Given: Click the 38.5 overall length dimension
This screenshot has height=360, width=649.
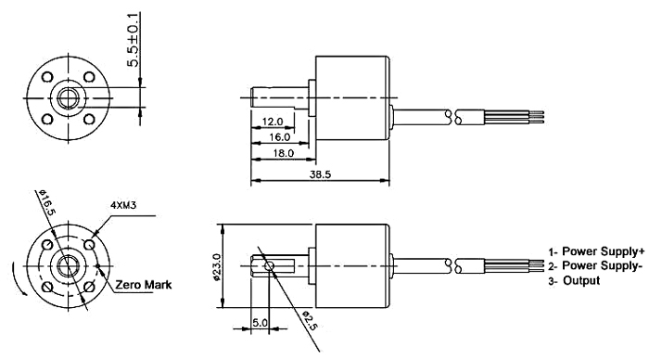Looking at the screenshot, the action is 321,174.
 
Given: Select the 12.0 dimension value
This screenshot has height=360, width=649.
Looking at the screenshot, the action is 273,122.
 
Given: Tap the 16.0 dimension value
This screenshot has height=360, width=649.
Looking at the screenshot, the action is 280,136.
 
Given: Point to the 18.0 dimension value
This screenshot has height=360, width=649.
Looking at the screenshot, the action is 283,153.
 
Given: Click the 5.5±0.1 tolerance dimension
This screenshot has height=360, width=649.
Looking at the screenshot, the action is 134,40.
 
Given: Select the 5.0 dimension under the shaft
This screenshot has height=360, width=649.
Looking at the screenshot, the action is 260,322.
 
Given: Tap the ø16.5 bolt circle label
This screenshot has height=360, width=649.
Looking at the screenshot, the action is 46,202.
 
